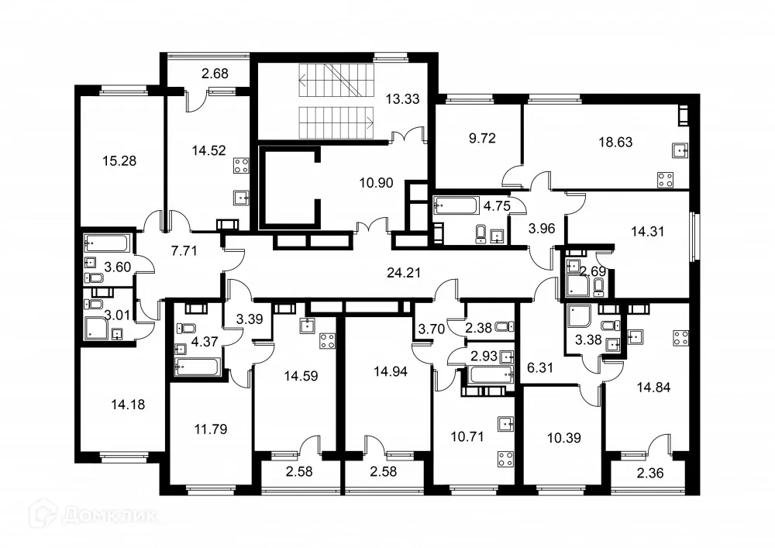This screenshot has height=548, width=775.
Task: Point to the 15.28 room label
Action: point(120,161)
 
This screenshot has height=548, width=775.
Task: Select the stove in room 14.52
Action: point(240,165)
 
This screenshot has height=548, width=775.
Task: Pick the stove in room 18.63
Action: point(665,179)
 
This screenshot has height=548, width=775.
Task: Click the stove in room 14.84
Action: point(681,338)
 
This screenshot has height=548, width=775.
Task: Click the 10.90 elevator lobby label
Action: point(377,184)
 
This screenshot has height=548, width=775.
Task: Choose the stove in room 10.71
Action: point(505,457)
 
